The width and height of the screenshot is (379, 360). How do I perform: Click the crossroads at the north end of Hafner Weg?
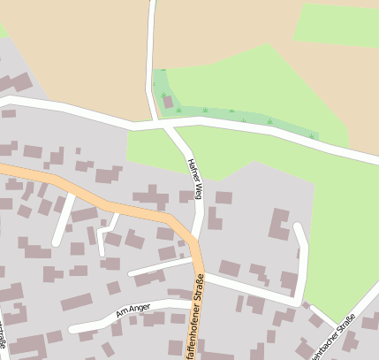click(160, 125)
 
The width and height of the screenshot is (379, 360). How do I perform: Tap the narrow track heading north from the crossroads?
click(150, 53)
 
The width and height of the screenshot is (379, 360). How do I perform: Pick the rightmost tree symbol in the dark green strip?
click(311, 136)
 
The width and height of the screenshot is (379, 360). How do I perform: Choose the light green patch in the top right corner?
click(336, 22)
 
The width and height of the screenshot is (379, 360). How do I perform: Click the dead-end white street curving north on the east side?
click(303, 257)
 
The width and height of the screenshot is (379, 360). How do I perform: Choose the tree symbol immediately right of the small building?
click(180, 110)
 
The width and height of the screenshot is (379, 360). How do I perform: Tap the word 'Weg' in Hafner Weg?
click(198, 189)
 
